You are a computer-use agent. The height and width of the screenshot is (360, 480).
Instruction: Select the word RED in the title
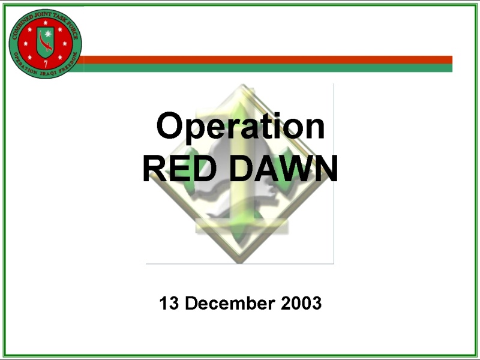pyautogui.click(x=179, y=169)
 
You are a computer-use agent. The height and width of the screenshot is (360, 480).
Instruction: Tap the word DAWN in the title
pyautogui.click(x=283, y=169)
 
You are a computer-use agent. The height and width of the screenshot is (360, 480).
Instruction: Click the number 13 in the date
pyautogui.click(x=169, y=303)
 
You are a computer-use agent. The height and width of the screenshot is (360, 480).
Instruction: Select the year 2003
pyautogui.click(x=301, y=303)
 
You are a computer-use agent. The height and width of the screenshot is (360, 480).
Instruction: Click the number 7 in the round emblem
pyautogui.click(x=46, y=64)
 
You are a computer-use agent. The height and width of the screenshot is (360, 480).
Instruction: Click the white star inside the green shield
pyautogui.click(x=48, y=34)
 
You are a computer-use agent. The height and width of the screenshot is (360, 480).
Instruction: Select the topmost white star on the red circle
pyautogui.click(x=46, y=23)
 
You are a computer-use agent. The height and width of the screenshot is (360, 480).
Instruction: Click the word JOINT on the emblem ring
pyautogui.click(x=43, y=14)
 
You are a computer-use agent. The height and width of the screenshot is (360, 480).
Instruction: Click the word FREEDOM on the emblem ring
pyautogui.click(x=68, y=64)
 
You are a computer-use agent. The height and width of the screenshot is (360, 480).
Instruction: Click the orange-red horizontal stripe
pyautogui.click(x=267, y=59)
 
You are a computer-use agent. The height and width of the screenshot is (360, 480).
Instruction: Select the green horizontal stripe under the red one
pyautogui.click(x=263, y=68)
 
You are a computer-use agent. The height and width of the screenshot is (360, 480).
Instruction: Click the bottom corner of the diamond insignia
pyautogui.click(x=241, y=263)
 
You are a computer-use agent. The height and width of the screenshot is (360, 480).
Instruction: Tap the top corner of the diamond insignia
pyautogui.click(x=242, y=85)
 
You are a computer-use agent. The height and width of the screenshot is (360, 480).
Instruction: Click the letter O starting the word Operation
pyautogui.click(x=168, y=125)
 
